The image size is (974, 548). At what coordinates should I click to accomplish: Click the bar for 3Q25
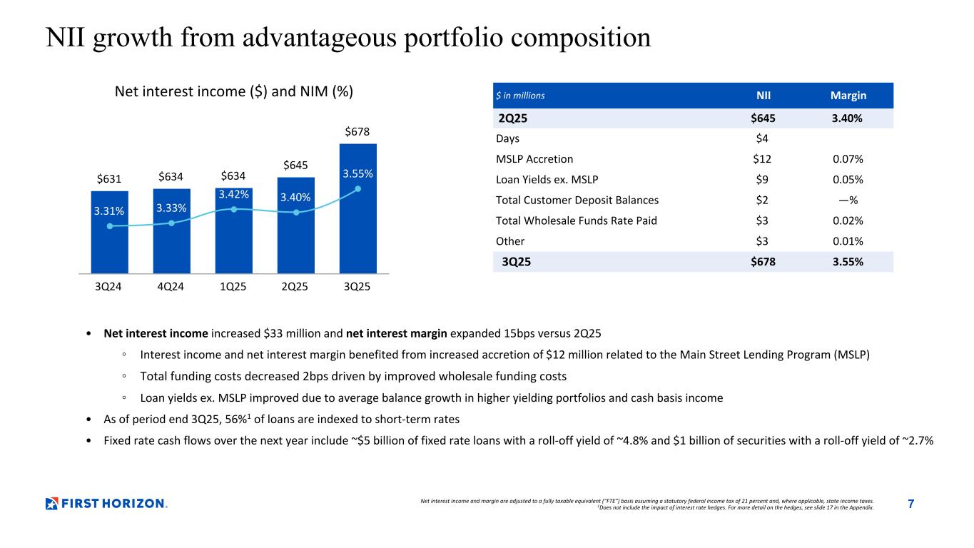click(x=357, y=228)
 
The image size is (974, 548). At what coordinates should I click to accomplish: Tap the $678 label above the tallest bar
click(x=357, y=132)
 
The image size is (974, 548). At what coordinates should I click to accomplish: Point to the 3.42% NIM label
click(x=233, y=193)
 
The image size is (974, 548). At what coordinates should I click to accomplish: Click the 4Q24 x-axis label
click(x=171, y=287)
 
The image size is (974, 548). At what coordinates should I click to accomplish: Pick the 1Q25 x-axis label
click(x=233, y=287)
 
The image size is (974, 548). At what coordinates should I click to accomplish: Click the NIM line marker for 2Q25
click(x=295, y=212)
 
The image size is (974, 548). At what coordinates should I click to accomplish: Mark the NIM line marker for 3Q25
click(x=357, y=189)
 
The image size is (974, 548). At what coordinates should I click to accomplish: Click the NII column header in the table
click(x=763, y=96)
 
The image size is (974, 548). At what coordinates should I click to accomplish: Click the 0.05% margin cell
click(x=848, y=180)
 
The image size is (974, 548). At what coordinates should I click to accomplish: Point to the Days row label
click(x=509, y=138)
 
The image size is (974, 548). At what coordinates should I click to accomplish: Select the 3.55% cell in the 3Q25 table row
click(x=848, y=262)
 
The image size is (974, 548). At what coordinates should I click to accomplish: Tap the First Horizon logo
click(x=106, y=504)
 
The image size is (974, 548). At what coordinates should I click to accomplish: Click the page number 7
click(x=910, y=504)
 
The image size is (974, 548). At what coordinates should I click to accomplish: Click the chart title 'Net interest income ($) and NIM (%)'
click(x=235, y=92)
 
